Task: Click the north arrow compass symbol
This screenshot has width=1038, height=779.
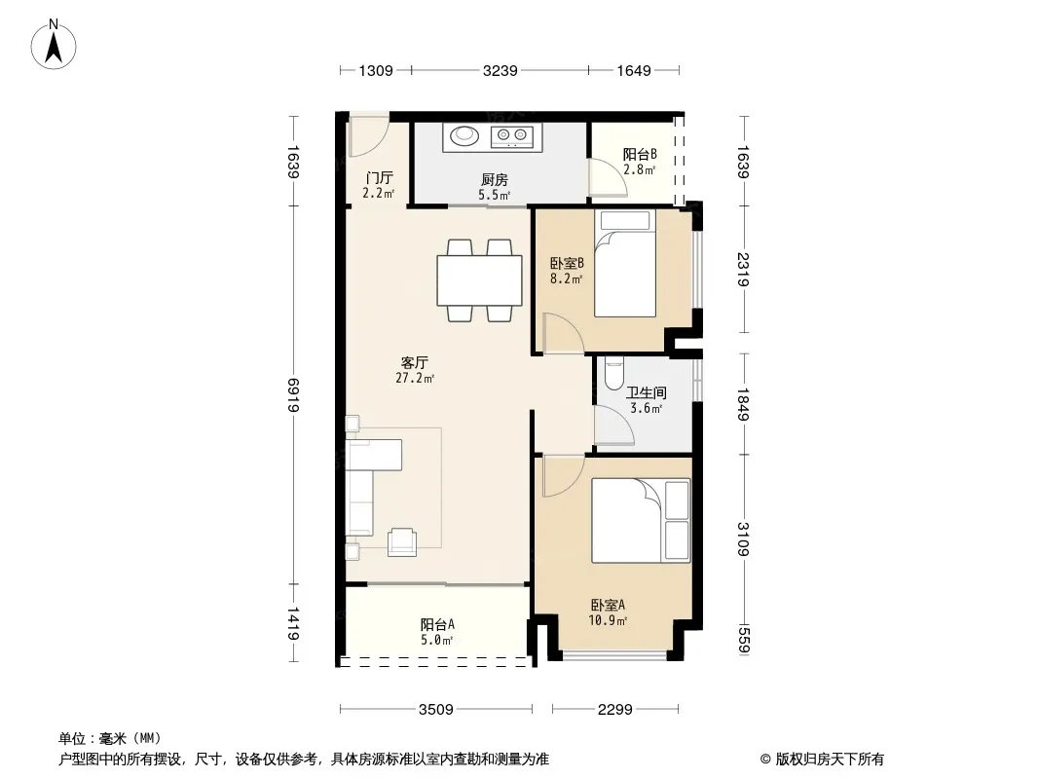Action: click(x=54, y=45)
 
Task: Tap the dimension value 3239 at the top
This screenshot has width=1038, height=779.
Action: click(x=500, y=70)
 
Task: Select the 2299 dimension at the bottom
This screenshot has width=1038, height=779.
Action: click(x=615, y=710)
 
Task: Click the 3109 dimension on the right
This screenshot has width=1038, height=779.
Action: click(x=743, y=539)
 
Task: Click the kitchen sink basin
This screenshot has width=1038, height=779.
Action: click(x=464, y=135)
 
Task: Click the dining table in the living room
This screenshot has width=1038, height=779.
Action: click(x=480, y=280)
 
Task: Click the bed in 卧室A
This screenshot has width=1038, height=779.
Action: click(x=641, y=520)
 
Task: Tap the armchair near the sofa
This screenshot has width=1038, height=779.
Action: click(x=402, y=541)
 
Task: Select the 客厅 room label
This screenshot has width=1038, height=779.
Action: click(x=415, y=362)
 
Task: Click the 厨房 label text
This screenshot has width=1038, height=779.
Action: click(x=495, y=180)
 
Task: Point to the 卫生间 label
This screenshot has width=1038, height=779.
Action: click(x=647, y=393)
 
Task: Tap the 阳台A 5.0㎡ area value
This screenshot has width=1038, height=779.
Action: click(x=437, y=640)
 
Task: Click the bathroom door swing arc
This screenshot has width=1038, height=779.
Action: click(x=615, y=425)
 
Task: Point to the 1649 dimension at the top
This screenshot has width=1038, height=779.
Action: click(x=634, y=70)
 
